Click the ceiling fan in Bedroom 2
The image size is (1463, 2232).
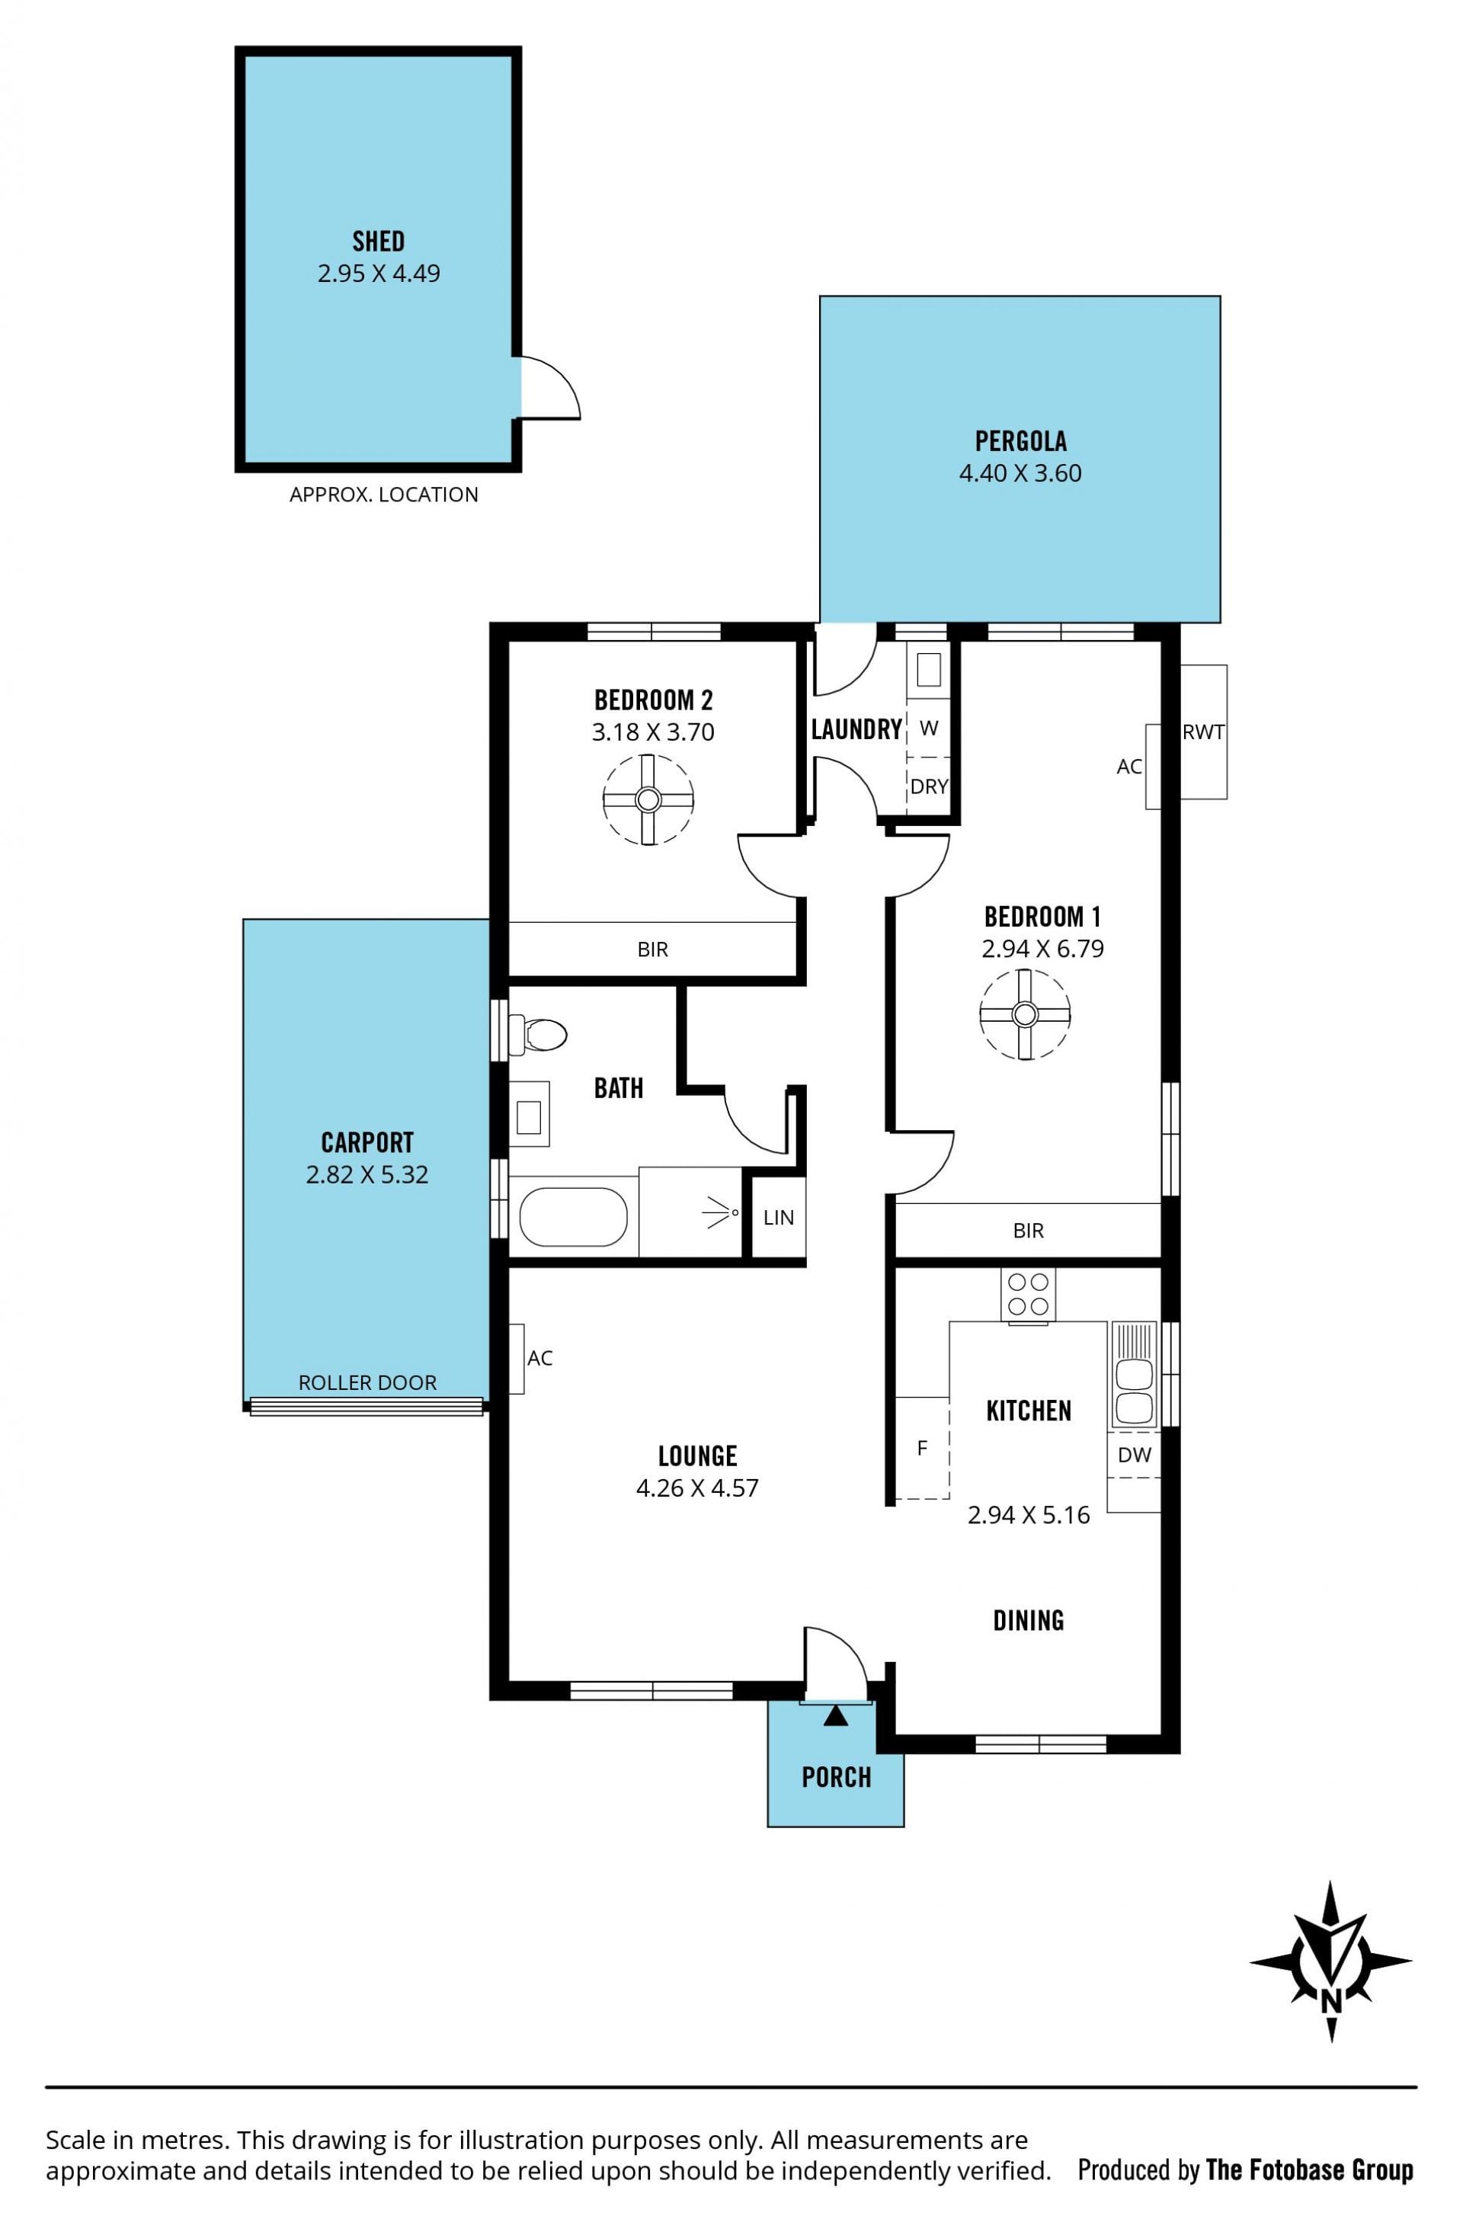click(648, 800)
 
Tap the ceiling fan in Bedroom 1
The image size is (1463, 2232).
click(1025, 1015)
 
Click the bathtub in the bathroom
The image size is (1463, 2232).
click(573, 1216)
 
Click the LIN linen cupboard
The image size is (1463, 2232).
click(779, 1217)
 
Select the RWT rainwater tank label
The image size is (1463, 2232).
click(1203, 732)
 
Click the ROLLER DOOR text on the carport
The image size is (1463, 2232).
click(367, 1382)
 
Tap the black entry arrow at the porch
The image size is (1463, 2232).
click(837, 1716)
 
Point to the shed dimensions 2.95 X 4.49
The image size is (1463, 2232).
click(379, 274)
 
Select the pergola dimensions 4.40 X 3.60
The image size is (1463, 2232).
click(1020, 473)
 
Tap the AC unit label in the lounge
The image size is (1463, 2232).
click(540, 1358)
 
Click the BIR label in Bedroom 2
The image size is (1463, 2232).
click(653, 950)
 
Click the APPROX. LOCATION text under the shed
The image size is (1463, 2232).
click(383, 495)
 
